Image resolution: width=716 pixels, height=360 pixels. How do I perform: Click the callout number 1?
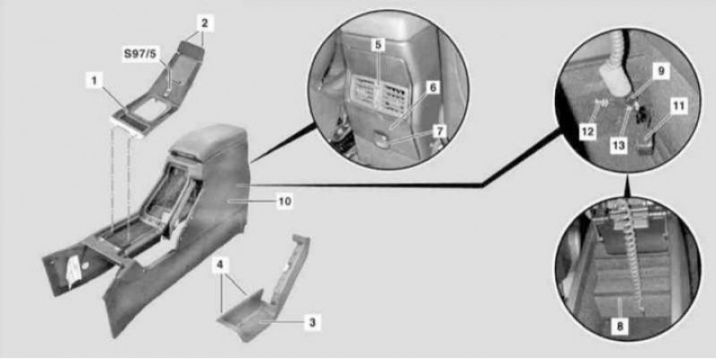pyautogui.click(x=94, y=81)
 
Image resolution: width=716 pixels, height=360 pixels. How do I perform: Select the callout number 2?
pyautogui.click(x=205, y=23)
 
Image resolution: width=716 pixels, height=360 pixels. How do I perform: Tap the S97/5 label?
pyautogui.click(x=140, y=54)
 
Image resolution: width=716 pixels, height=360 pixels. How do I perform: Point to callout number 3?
pyautogui.click(x=312, y=322)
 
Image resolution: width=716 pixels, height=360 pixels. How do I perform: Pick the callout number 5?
pyautogui.click(x=378, y=44)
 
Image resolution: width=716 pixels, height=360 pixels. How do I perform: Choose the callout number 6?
pyautogui.click(x=433, y=88)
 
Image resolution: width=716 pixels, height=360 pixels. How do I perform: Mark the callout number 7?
pyautogui.click(x=439, y=131)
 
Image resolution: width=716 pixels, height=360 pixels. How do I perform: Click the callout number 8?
pyautogui.click(x=619, y=326)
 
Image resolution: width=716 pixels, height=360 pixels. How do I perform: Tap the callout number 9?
pyautogui.click(x=661, y=72)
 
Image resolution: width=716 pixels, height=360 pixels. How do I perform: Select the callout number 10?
pyautogui.click(x=285, y=201)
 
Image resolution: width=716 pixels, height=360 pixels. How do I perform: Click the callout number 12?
pyautogui.click(x=587, y=132)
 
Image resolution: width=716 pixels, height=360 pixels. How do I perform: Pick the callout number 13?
pyautogui.click(x=618, y=145)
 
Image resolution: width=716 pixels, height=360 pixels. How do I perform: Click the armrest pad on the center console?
pyautogui.click(x=209, y=141)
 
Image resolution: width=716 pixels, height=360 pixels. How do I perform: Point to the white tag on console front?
pyautogui.click(x=74, y=271)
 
